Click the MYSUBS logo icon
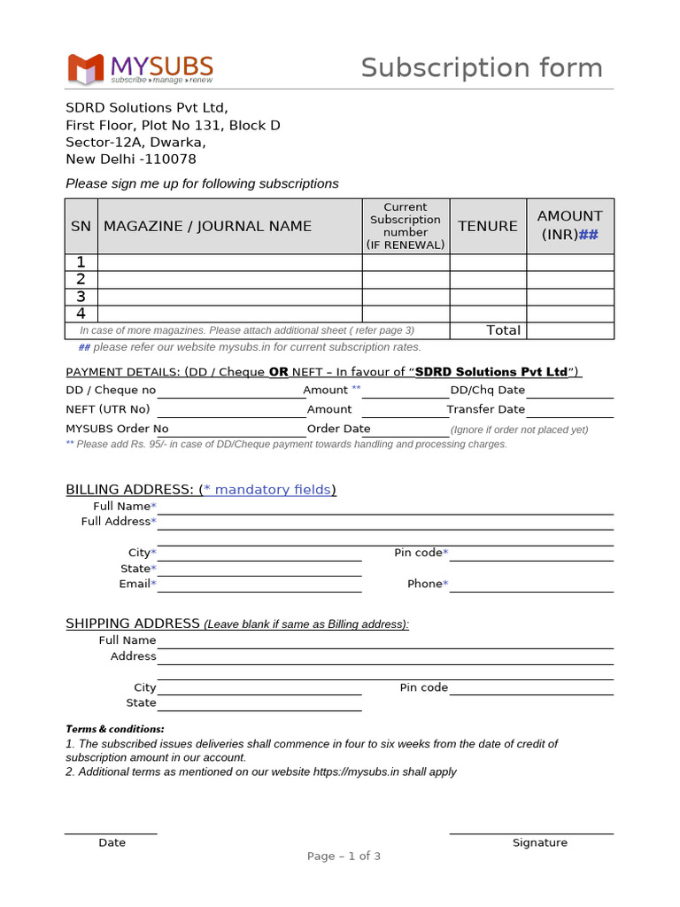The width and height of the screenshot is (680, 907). point(87,69)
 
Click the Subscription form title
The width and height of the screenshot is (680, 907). point(481,68)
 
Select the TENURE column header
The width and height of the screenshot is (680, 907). point(488,226)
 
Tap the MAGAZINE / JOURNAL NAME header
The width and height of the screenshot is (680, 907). point(207,226)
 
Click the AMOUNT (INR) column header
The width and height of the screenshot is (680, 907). point(569,225)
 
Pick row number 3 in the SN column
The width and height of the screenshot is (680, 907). point(81,297)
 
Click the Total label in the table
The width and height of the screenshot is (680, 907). point(503,330)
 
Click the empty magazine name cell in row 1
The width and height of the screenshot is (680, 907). point(229,262)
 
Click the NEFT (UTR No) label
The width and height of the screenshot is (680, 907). point(108,409)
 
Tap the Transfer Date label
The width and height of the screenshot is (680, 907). point(486,409)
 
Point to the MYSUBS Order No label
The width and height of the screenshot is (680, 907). point(117,429)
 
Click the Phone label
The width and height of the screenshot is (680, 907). point(426,584)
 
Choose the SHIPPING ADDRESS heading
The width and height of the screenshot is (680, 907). point(133,624)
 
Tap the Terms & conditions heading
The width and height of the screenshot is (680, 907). point(115,729)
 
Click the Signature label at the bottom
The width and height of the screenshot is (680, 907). point(539,842)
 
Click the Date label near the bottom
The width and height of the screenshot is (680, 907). point(112,842)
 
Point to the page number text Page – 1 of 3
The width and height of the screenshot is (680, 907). point(344,857)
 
